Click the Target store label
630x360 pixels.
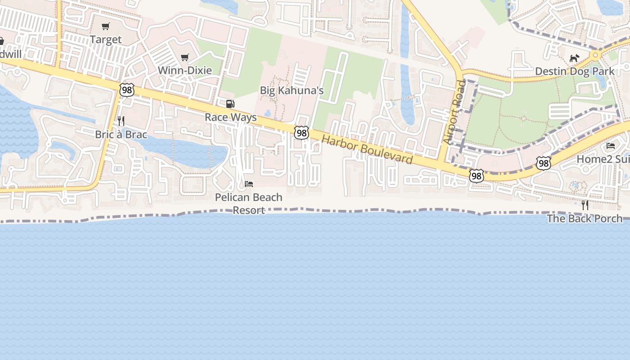pyautogui.click(x=106, y=40)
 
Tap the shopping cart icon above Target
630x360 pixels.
pyautogui.click(x=106, y=27)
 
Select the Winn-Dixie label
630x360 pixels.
pyautogui.click(x=184, y=71)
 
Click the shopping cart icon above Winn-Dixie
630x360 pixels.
pyautogui.click(x=184, y=58)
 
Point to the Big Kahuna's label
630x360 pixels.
pyautogui.click(x=292, y=90)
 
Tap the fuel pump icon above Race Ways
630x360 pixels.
pyautogui.click(x=230, y=104)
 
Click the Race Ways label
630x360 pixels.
pyautogui.click(x=230, y=117)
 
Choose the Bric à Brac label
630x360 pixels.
pyautogui.click(x=121, y=134)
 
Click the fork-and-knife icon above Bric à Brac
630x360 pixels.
pyautogui.click(x=121, y=121)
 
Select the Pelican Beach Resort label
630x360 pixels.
pyautogui.click(x=248, y=203)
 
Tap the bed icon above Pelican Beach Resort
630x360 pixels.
pyautogui.click(x=248, y=184)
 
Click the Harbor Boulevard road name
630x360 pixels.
pyautogui.click(x=367, y=149)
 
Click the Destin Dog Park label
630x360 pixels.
pyautogui.click(x=574, y=72)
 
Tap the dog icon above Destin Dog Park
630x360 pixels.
pyautogui.click(x=574, y=58)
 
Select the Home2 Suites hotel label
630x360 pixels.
pyautogui.click(x=603, y=159)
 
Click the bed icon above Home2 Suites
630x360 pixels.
pyautogui.click(x=611, y=146)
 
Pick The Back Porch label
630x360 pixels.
pyautogui.click(x=585, y=219)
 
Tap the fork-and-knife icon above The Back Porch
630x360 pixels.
pyautogui.click(x=585, y=205)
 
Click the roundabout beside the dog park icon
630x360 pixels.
pyautogui.click(x=595, y=55)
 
